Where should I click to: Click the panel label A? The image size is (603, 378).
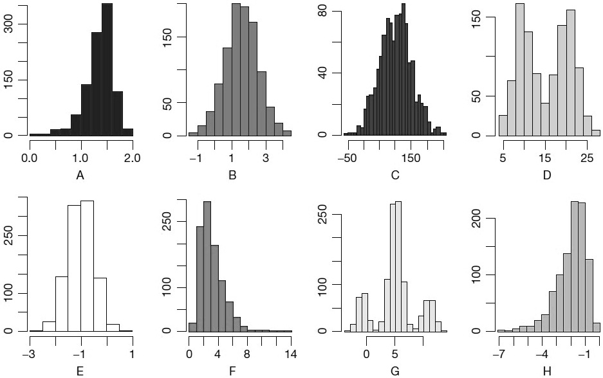[x=80, y=174]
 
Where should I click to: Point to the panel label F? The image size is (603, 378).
[x=240, y=370]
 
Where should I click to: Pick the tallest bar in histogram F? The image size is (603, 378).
[x=207, y=266]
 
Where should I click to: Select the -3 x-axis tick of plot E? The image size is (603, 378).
[x=30, y=353]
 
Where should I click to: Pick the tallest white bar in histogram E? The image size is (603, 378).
[x=88, y=265]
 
